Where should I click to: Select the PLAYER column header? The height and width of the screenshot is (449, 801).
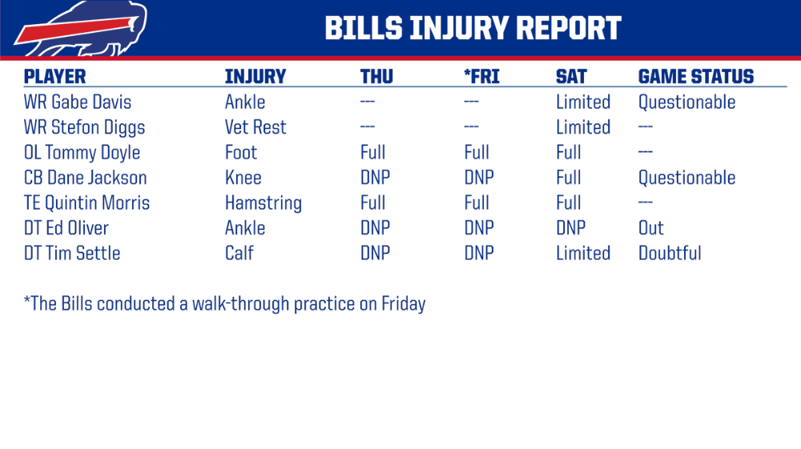pyautogui.click(x=54, y=77)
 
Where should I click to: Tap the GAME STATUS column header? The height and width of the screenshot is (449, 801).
pyautogui.click(x=696, y=77)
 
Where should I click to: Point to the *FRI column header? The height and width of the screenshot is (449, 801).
pyautogui.click(x=481, y=77)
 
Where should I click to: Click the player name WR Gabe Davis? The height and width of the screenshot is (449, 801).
pyautogui.click(x=78, y=102)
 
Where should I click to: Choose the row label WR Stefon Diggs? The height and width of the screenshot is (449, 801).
pyautogui.click(x=84, y=127)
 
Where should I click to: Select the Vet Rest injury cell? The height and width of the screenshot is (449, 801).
pyautogui.click(x=256, y=127)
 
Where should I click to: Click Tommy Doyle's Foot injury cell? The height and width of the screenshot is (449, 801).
pyautogui.click(x=241, y=152)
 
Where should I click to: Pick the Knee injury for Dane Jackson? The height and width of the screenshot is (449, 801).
pyautogui.click(x=244, y=177)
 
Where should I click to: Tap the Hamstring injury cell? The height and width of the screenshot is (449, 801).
pyautogui.click(x=264, y=203)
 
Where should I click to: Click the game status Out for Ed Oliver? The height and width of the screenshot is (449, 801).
pyautogui.click(x=650, y=228)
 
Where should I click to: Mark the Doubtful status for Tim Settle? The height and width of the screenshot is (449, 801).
pyautogui.click(x=670, y=253)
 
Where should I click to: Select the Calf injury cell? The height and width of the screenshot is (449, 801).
pyautogui.click(x=239, y=253)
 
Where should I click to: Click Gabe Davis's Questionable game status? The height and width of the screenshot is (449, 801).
pyautogui.click(x=687, y=103)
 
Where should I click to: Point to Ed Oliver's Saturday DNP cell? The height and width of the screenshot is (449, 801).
pyautogui.click(x=570, y=228)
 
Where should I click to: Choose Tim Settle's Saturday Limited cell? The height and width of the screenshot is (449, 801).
pyautogui.click(x=583, y=253)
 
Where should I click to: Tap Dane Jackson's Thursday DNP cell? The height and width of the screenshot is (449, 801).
pyautogui.click(x=375, y=177)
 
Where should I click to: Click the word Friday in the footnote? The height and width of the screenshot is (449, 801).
pyautogui.click(x=404, y=304)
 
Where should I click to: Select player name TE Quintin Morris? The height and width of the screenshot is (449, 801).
pyautogui.click(x=87, y=203)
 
